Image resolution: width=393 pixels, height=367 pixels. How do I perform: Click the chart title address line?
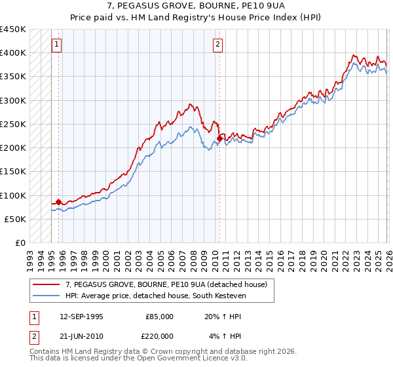(196, 6)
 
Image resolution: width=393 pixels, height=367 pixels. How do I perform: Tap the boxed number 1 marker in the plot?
(57, 45)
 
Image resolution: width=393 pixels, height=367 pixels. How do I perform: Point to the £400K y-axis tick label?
(13, 53)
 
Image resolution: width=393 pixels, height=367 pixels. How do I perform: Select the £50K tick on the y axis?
(15, 219)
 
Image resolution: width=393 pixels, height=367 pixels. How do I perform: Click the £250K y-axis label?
(13, 124)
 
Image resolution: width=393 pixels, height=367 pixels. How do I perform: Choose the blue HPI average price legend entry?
(154, 297)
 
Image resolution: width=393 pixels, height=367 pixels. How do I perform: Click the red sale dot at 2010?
(219, 138)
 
